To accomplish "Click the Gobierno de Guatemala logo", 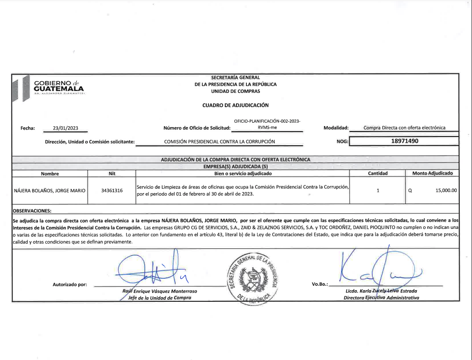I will pyautogui.click(x=49, y=88).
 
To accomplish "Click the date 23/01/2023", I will pyautogui.click(x=65, y=128).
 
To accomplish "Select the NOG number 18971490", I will pyautogui.click(x=405, y=141).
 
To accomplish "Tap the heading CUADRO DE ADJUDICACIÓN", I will pyautogui.click(x=236, y=105).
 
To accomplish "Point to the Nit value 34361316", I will pyautogui.click(x=112, y=190).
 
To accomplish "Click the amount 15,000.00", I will pyautogui.click(x=446, y=190).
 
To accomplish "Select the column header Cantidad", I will pyautogui.click(x=378, y=173).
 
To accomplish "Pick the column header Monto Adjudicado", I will pyautogui.click(x=432, y=173).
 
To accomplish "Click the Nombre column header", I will pyautogui.click(x=50, y=173).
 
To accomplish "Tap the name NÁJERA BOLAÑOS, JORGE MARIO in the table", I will pyautogui.click(x=50, y=190).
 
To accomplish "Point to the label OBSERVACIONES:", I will pyautogui.click(x=32, y=211).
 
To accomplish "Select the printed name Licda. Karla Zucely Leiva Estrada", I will pyautogui.click(x=381, y=291).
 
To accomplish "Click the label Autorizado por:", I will pyautogui.click(x=70, y=285).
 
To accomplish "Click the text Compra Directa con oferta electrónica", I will pyautogui.click(x=405, y=128).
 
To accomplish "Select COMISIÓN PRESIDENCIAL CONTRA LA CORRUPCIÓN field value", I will pyautogui.click(x=220, y=142).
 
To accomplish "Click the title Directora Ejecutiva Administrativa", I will pyautogui.click(x=381, y=297).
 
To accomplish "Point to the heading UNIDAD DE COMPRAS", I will pyautogui.click(x=236, y=91).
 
